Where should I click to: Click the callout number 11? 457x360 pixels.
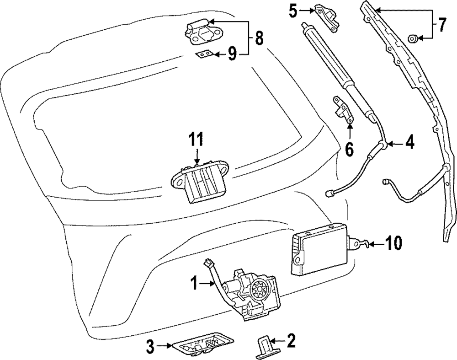click(197, 138)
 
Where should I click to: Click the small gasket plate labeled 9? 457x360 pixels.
click(204, 54)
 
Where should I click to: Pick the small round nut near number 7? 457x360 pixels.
click(412, 39)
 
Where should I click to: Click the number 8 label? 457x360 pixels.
click(259, 38)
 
